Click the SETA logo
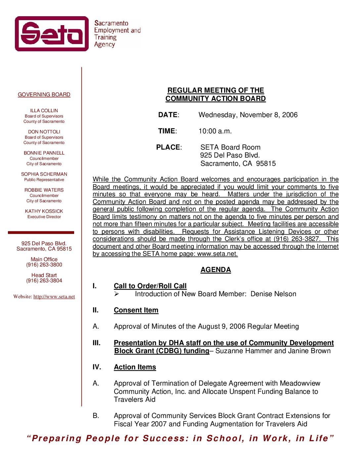(x=52, y=34)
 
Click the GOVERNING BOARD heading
(x=44, y=95)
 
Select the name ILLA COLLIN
(x=44, y=111)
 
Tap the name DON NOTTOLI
(x=44, y=132)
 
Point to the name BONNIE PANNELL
(x=44, y=153)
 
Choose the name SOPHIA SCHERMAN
(x=44, y=174)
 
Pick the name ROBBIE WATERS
(x=44, y=190)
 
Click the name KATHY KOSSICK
(x=44, y=211)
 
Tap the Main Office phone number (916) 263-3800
(x=44, y=265)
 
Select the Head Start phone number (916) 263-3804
(x=44, y=281)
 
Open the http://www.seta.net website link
(x=54, y=297)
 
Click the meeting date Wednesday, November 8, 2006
(x=248, y=115)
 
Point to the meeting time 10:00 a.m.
(x=215, y=131)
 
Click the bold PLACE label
(x=168, y=147)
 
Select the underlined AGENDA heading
(x=215, y=270)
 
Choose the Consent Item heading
(x=136, y=310)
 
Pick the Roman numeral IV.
(x=97, y=367)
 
